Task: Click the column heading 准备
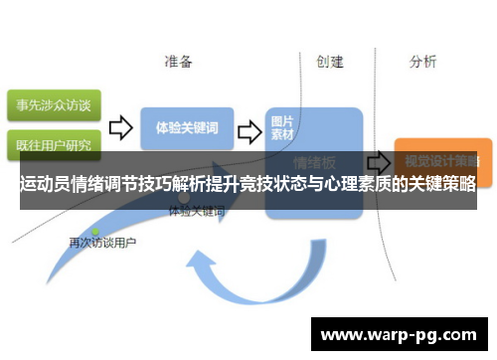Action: pyautogui.click(x=179, y=62)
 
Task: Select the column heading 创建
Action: pyautogui.click(x=330, y=62)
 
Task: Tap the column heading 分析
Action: pyautogui.click(x=422, y=62)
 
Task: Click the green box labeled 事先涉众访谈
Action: pyautogui.click(x=51, y=104)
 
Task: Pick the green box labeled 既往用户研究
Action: pyautogui.click(x=51, y=144)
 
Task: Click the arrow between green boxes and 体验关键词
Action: pyautogui.click(x=120, y=128)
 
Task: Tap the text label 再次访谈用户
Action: pyautogui.click(x=102, y=243)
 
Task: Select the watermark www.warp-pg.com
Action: pyautogui.click(x=399, y=334)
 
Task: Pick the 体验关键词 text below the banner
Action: pyautogui.click(x=196, y=212)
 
